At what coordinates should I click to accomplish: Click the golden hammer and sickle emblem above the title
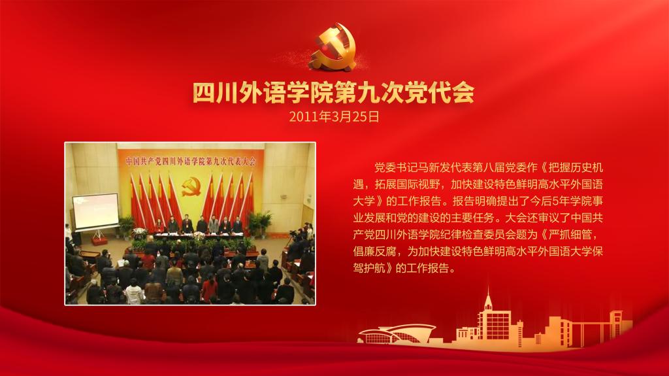tap(334, 48)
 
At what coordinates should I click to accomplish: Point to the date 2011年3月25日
tap(334, 116)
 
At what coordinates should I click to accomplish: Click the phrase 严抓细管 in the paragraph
tap(570, 235)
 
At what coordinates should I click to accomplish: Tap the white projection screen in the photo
tap(95, 210)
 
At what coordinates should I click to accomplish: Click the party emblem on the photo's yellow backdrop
tap(191, 187)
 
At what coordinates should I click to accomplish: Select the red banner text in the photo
tap(190, 161)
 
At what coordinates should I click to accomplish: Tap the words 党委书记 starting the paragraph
tap(391, 167)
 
